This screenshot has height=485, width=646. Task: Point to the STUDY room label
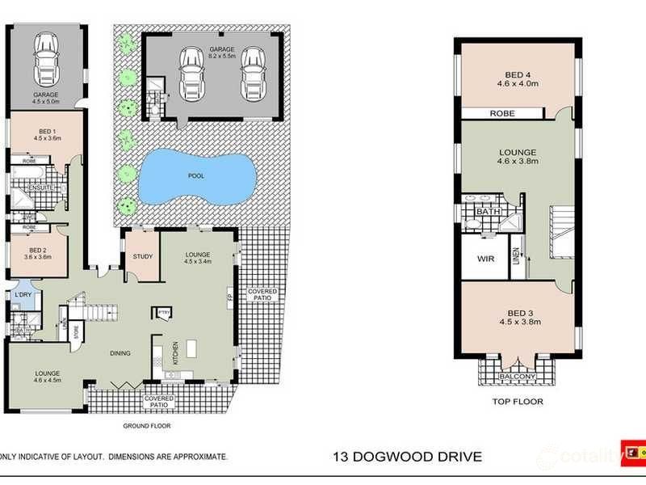(x=143, y=257)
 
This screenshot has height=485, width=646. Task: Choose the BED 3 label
(x=518, y=312)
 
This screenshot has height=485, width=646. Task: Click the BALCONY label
(x=518, y=377)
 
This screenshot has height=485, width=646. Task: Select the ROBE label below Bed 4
(x=501, y=114)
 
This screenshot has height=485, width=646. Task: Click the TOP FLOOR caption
(x=518, y=402)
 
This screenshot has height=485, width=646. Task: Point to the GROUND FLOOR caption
(x=147, y=426)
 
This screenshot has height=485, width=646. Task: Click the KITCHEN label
(x=174, y=354)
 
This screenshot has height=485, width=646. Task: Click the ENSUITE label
(x=40, y=188)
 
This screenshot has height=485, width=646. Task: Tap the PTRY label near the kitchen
(x=163, y=311)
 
